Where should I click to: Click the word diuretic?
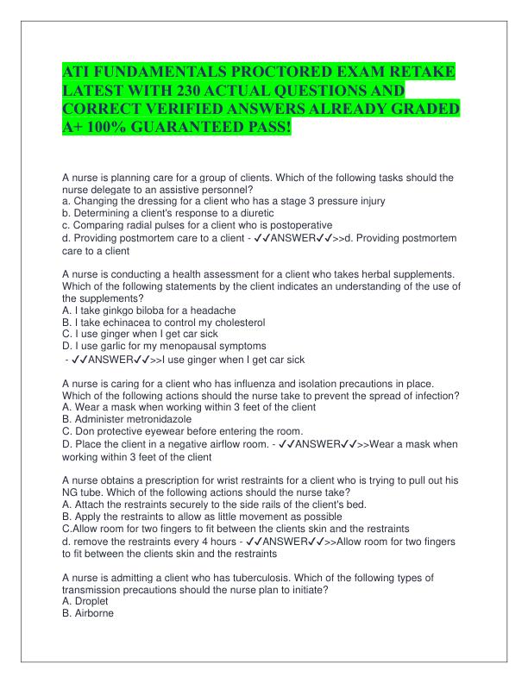pos(255,212)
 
